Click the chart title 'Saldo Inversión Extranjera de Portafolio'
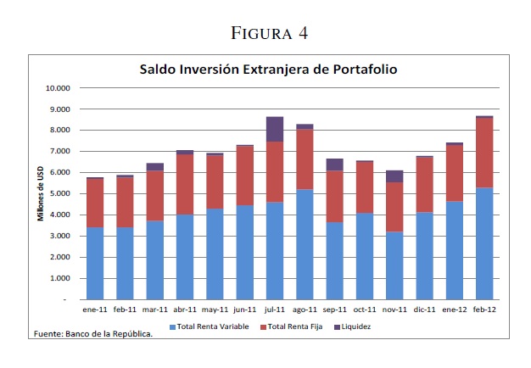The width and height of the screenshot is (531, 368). tap(268, 69)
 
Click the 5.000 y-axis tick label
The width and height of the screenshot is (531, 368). tap(59, 193)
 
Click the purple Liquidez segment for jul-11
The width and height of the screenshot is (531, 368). tap(275, 129)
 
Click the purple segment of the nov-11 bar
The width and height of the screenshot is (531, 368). tap(394, 176)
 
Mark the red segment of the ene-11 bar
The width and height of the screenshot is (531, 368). tap(94, 203)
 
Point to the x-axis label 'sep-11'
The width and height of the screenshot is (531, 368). tap(334, 310)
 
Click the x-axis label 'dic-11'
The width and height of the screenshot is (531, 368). tap(425, 310)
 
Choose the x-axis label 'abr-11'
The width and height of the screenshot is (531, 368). tap(185, 310)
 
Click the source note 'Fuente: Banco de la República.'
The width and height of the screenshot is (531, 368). tap(92, 334)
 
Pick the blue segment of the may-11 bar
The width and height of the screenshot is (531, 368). tap(215, 254)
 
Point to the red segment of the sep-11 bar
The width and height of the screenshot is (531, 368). tap(334, 197)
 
